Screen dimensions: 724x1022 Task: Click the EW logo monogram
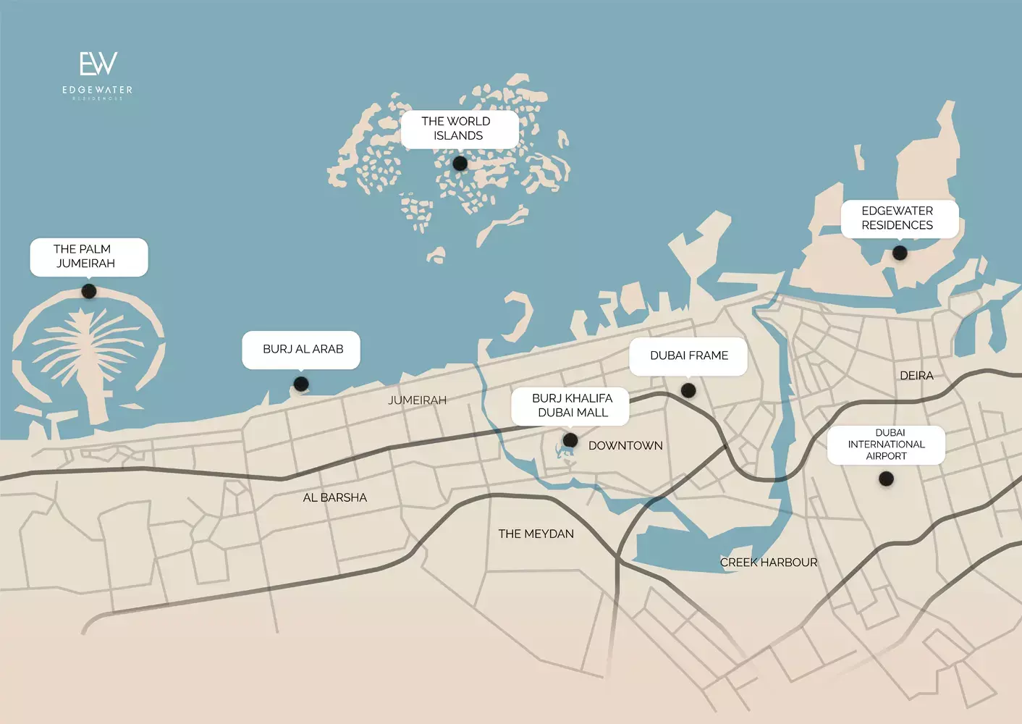coord(98,64)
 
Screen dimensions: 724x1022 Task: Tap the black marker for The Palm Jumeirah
coord(89,291)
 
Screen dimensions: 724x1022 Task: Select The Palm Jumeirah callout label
coord(88,256)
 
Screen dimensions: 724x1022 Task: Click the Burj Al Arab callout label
coord(301,350)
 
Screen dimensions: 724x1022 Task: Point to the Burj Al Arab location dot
coord(301,384)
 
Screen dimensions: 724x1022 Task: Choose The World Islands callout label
coord(459,129)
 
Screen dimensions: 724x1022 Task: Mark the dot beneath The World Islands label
coord(460,164)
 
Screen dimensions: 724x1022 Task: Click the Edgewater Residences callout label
coord(899,218)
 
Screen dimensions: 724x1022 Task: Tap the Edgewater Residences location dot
coord(900,253)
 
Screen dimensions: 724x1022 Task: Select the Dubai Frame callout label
coord(688,355)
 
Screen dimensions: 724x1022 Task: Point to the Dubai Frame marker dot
coord(688,390)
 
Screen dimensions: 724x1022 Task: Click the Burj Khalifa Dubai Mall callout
coord(570,405)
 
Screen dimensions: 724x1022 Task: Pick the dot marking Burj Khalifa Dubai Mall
coord(570,439)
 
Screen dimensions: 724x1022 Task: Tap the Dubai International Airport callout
coord(886,445)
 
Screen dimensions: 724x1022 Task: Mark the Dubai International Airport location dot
coord(886,479)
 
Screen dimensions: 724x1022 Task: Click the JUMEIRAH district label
coord(417,400)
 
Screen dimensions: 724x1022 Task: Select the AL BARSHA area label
coord(334,497)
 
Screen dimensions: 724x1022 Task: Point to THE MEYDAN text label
coord(536,534)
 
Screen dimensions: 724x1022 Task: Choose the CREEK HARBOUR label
coord(768,563)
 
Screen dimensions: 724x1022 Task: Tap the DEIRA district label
coord(916,376)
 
